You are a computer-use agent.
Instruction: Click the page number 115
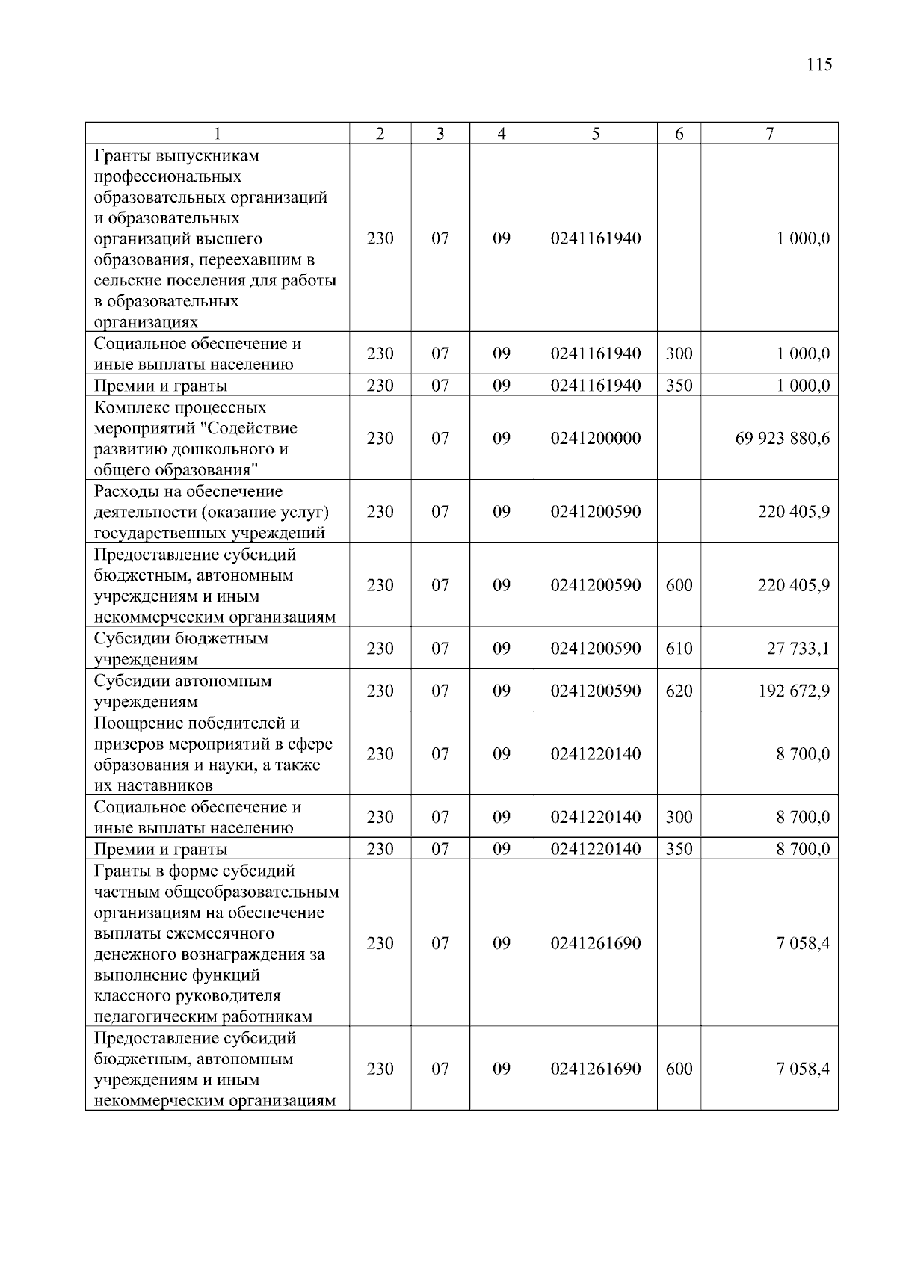click(x=819, y=64)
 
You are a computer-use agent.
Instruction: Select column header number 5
click(x=595, y=134)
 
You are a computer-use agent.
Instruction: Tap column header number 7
click(x=769, y=134)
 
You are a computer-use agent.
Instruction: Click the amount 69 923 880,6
click(x=782, y=438)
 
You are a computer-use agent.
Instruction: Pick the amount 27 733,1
click(x=798, y=648)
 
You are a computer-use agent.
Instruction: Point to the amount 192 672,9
click(x=793, y=691)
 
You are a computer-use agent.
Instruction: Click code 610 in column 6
click(x=679, y=648)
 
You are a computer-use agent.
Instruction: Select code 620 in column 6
click(x=679, y=691)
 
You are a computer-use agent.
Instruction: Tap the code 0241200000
click(x=595, y=438)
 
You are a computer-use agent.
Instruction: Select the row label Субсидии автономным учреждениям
click(x=182, y=691)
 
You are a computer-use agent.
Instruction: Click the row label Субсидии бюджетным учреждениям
click(x=180, y=649)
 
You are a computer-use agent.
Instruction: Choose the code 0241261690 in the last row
click(x=595, y=1069)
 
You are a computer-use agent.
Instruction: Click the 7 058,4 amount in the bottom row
click(x=802, y=1069)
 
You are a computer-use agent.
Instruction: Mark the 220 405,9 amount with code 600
click(x=793, y=585)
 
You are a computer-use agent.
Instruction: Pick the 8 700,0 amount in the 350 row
click(x=802, y=849)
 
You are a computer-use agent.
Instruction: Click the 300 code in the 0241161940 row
click(x=679, y=353)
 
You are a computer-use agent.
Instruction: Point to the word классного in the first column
click(x=132, y=996)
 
